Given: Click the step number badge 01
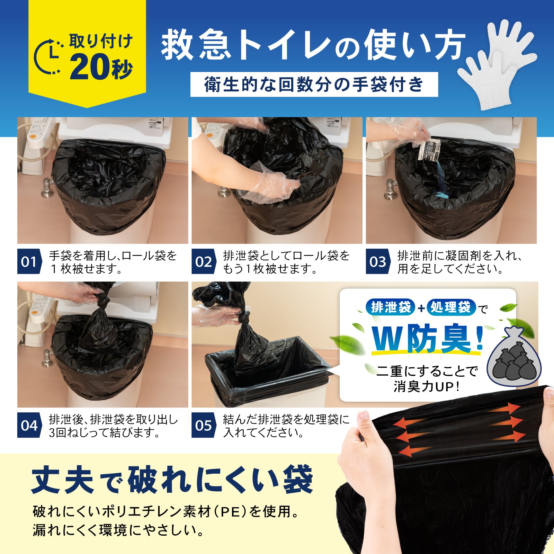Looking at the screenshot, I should (x=29, y=262).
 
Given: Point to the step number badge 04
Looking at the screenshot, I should (x=29, y=426).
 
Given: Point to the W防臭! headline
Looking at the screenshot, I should (x=428, y=340).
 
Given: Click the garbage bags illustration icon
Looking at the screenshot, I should (x=514, y=358).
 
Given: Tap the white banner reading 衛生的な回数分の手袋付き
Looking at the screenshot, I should (x=314, y=84).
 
